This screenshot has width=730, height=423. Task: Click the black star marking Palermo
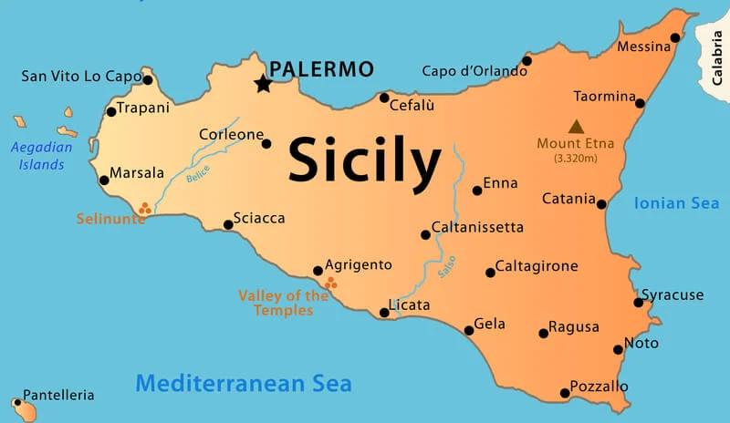pos(263,84)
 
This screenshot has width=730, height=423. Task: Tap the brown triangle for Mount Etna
pos(576,127)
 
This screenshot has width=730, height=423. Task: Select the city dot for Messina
pos(675,38)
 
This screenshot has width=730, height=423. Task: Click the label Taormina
pos(604,96)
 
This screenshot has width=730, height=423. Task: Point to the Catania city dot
pos(601,204)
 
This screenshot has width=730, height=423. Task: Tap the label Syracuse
pos(673,294)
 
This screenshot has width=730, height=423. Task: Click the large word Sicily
pos(364,162)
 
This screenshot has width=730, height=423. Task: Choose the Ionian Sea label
pos(676,203)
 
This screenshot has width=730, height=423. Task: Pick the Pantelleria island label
pos(58,396)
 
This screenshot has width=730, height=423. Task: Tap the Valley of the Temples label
pos(284,303)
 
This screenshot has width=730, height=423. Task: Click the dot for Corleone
pos(266,143)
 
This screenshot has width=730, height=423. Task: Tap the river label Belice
pos(198,173)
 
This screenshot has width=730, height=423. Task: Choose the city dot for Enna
pos(477,191)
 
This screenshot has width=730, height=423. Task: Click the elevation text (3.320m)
pos(575,159)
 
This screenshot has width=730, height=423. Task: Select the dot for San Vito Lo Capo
pos(148,79)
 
